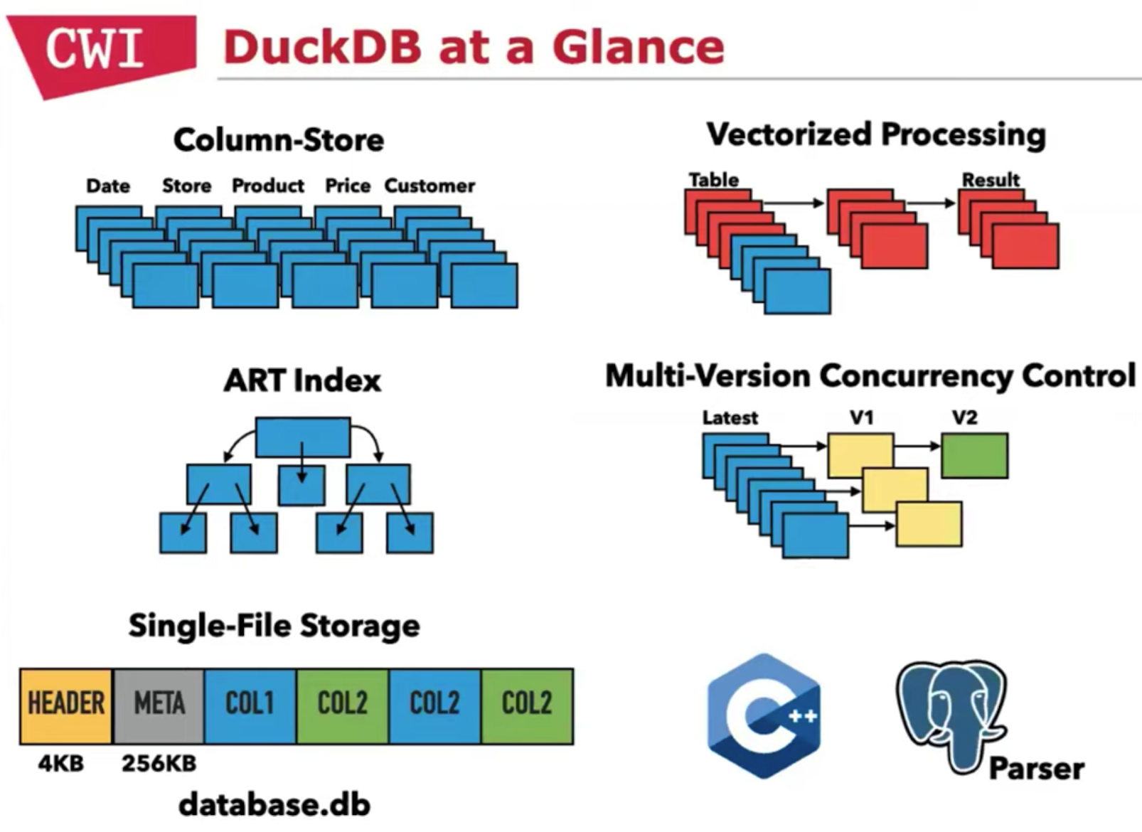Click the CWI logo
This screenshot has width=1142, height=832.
pyautogui.click(x=96, y=50)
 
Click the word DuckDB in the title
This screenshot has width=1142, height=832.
pyautogui.click(x=323, y=48)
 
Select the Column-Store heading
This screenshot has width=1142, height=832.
pyautogui.click(x=279, y=140)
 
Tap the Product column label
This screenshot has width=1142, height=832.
pyautogui.click(x=268, y=186)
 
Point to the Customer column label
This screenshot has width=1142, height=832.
pyautogui.click(x=429, y=186)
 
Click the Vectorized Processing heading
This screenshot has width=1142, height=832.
pyautogui.click(x=876, y=134)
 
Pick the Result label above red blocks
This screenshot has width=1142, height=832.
pyautogui.click(x=991, y=179)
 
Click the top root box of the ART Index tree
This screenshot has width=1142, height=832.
pyautogui.click(x=303, y=437)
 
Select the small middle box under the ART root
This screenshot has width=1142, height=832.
pyautogui.click(x=302, y=485)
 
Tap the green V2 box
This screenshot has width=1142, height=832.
pyautogui.click(x=974, y=455)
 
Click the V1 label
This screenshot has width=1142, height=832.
pyautogui.click(x=862, y=417)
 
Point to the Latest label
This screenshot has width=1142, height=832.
pyautogui.click(x=730, y=417)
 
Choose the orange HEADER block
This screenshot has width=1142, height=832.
pyautogui.click(x=66, y=705)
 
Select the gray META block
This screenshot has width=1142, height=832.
pyautogui.click(x=159, y=705)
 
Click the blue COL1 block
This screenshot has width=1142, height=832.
pyautogui.click(x=250, y=705)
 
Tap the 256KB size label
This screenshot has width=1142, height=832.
pyautogui.click(x=159, y=763)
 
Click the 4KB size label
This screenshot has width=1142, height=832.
pyautogui.click(x=61, y=763)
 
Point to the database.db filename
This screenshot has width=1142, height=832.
pyautogui.click(x=274, y=804)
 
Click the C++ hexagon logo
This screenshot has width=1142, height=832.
pyautogui.click(x=764, y=715)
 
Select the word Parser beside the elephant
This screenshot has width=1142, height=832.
pyautogui.click(x=1037, y=769)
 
